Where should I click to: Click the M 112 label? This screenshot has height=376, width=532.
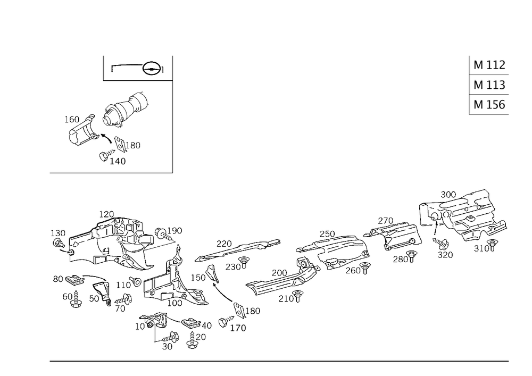(x=489, y=65)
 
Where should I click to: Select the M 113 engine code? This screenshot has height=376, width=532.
(x=489, y=85)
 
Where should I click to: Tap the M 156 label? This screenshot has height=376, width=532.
(x=489, y=105)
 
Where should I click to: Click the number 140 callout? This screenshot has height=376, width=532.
(x=119, y=161)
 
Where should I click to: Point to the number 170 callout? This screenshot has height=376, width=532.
(x=238, y=328)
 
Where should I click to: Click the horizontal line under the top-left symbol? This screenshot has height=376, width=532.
(x=137, y=80)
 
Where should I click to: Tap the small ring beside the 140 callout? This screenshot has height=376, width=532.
(x=103, y=157)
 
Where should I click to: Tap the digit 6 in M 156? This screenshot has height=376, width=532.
(x=501, y=105)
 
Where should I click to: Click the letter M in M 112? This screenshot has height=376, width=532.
(x=478, y=65)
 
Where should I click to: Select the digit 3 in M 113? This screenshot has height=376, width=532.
(x=501, y=85)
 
